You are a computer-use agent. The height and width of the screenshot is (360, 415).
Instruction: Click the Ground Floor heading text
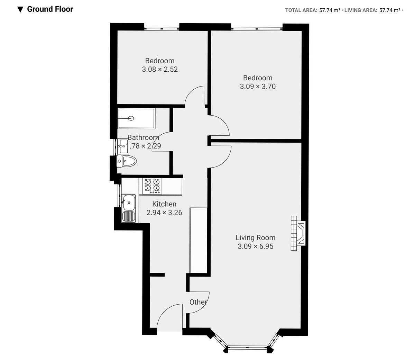click(50, 9)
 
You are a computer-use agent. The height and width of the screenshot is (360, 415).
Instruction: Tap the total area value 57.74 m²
click(330, 10)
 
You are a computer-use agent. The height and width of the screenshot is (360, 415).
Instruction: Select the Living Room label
click(255, 238)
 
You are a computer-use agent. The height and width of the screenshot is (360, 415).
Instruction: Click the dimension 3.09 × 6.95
click(255, 246)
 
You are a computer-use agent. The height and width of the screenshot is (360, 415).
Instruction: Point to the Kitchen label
click(164, 204)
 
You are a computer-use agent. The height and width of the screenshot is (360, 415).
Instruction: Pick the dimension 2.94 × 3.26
click(164, 213)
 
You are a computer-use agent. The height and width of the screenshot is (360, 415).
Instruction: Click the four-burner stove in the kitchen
click(152, 186)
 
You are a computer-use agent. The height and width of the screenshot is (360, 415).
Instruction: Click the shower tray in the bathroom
click(136, 118)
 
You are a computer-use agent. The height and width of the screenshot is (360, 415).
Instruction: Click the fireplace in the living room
click(298, 233)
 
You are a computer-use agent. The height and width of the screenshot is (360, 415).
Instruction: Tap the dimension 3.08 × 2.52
click(160, 69)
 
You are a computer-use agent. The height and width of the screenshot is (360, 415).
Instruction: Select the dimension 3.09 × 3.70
click(258, 87)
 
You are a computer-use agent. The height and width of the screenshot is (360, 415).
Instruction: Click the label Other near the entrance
click(198, 302)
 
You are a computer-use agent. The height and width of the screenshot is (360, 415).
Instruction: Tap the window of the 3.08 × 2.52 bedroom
click(162, 28)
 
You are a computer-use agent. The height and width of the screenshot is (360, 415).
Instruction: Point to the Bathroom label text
click(143, 137)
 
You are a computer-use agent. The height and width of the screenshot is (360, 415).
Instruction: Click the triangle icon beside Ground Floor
click(20, 9)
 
